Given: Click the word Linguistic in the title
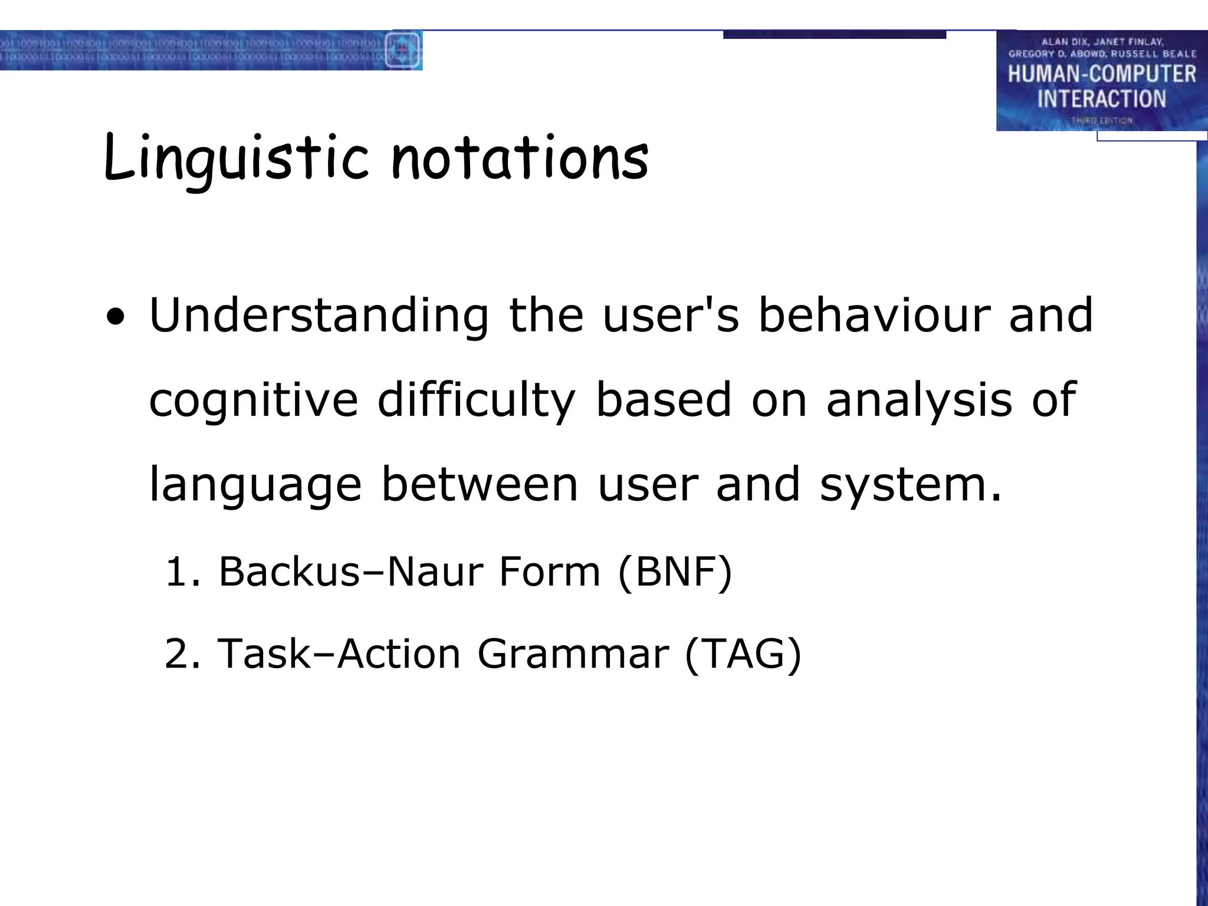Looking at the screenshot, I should [x=236, y=158].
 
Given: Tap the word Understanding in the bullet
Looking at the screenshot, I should [x=319, y=316].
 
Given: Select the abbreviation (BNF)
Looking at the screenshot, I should [x=675, y=572].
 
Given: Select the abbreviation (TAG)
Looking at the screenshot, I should [x=743, y=654].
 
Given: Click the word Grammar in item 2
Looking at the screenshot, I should [x=573, y=654].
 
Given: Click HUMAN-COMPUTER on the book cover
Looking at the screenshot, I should [x=1101, y=74].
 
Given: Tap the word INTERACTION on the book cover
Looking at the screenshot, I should [x=1101, y=99].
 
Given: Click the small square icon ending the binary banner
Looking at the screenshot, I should [x=403, y=50].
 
